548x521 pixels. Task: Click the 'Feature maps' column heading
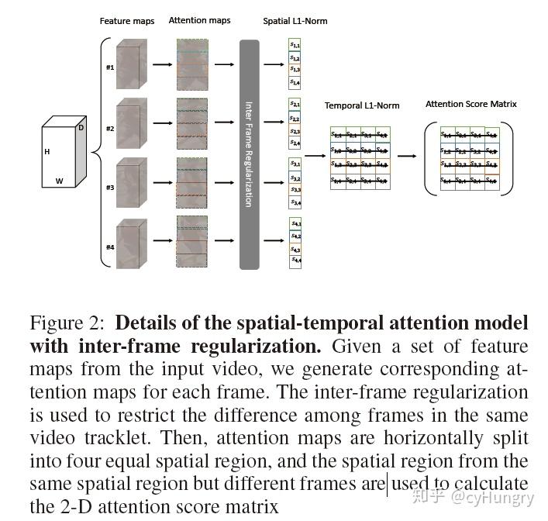[127, 21]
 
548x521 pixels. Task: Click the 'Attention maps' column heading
[199, 21]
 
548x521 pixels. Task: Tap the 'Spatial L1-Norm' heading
[295, 21]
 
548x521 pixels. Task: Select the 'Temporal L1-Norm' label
[362, 105]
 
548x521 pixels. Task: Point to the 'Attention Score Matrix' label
[470, 104]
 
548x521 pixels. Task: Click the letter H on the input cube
[47, 152]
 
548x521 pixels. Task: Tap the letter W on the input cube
[60, 181]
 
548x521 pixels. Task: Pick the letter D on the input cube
[81, 127]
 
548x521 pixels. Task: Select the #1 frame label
[110, 67]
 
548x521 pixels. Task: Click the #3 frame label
[110, 188]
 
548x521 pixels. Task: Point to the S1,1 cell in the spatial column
[295, 46]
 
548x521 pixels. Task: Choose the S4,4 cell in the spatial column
[295, 262]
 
